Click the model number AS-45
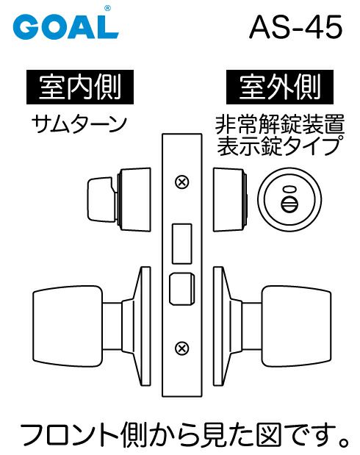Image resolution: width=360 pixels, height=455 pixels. coord(295,28)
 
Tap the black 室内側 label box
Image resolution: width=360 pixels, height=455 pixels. coord(80,87)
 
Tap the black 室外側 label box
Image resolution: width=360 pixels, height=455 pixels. coord(280,87)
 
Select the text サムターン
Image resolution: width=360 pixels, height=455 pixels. coord(79,124)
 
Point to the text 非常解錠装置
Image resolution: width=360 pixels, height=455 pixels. coord(280,124)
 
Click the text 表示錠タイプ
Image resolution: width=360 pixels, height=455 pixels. coord(278,146)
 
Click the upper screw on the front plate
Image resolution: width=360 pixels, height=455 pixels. coord(182,182)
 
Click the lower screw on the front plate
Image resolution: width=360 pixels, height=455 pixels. coord(182,348)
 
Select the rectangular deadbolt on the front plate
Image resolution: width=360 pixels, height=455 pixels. coord(182,244)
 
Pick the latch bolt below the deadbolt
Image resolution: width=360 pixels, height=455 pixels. coord(181,289)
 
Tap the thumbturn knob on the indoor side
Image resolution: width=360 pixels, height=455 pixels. coord(101,200)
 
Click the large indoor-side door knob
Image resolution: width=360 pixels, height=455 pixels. coord(68,326)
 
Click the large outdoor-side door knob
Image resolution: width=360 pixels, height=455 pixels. coord(296,326)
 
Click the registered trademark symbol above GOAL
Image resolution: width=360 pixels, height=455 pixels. coord(107,9)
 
